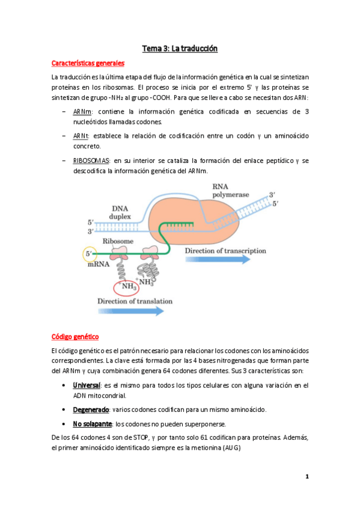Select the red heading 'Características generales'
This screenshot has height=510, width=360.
point(88,63)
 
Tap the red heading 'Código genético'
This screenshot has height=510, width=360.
point(75,336)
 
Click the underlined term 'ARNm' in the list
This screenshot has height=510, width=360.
point(81,111)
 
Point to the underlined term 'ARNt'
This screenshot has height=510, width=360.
point(80,136)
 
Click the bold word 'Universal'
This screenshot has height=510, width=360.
point(86,385)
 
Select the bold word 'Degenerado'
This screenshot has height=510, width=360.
point(91,409)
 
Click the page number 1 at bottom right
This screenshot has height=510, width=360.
point(307,477)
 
